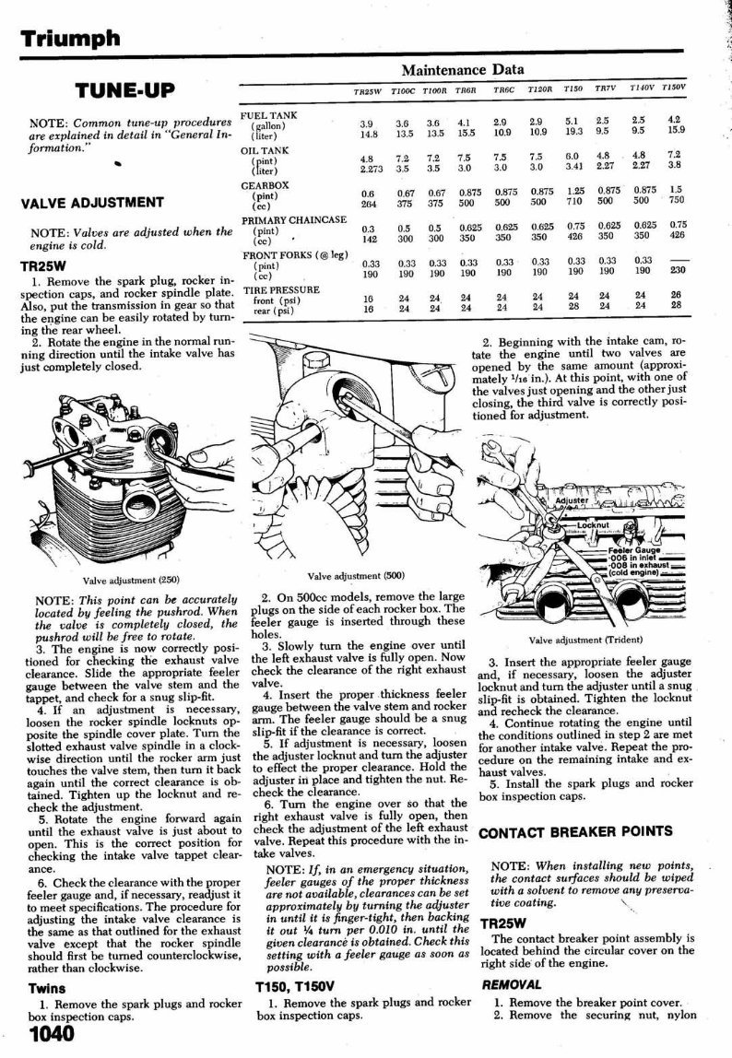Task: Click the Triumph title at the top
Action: point(72,38)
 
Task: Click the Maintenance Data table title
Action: point(463,70)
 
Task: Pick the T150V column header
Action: point(673,88)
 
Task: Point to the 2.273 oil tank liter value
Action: point(371,169)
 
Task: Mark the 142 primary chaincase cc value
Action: point(368,236)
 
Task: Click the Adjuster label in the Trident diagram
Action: point(572,500)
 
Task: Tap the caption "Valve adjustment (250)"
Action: point(131,581)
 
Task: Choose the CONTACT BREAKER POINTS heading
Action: point(575,833)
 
